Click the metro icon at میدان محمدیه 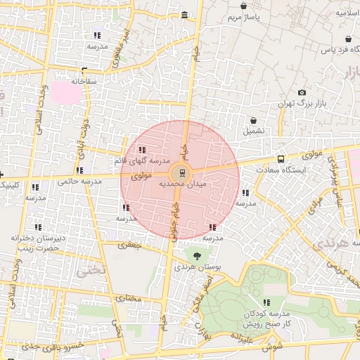[x=182, y=172]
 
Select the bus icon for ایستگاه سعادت [x=281, y=159]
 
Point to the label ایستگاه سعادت [x=281, y=170]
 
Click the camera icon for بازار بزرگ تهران [x=302, y=93]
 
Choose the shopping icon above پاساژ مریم [x=243, y=6]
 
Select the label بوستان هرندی [x=195, y=268]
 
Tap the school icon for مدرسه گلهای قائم [x=142, y=150]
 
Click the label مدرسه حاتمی [x=79, y=181]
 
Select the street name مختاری [x=129, y=299]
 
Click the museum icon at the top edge [x=184, y=15]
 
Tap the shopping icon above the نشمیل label [x=253, y=120]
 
